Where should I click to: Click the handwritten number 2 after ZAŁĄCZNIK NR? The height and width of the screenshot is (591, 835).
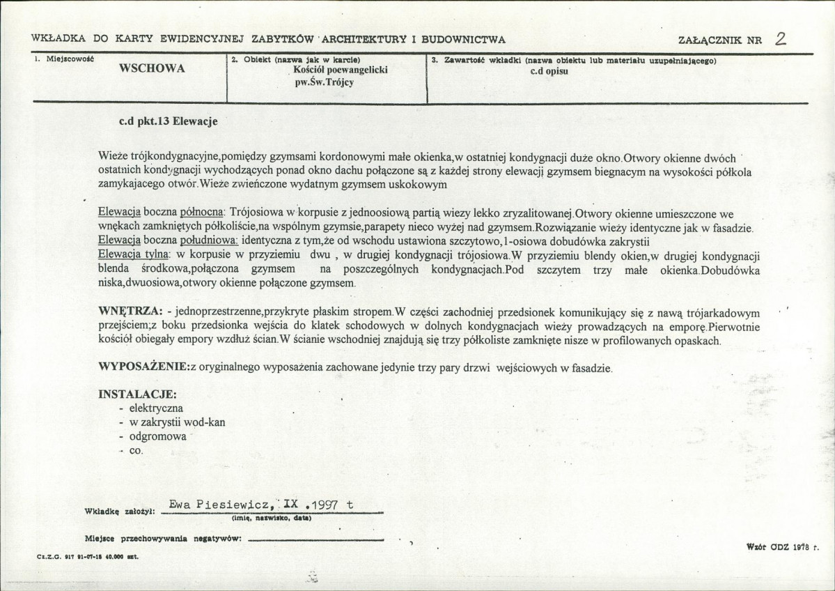[781, 39]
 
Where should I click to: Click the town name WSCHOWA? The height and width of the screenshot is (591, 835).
[151, 70]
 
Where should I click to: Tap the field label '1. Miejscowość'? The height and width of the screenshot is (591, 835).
[64, 60]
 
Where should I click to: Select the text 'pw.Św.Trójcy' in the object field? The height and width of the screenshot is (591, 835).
[326, 82]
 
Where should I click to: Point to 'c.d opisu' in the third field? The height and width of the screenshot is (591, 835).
[550, 70]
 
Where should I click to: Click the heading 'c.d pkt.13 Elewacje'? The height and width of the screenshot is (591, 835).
[169, 121]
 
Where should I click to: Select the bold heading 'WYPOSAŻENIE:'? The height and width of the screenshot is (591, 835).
[143, 367]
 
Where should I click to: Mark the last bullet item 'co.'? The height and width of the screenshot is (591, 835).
[136, 451]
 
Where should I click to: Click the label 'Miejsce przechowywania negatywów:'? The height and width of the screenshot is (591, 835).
[164, 539]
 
